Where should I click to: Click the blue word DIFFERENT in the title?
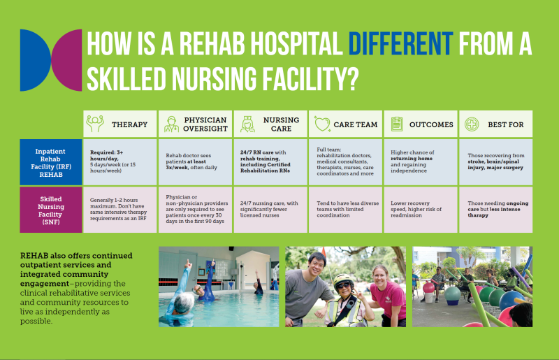coord(400,43)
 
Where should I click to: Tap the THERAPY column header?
coord(119,124)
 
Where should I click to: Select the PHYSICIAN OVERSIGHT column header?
coord(195,124)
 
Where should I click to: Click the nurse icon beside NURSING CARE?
coord(247,124)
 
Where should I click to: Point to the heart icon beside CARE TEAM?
coord(322,124)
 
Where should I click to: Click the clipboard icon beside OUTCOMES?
coord(397,124)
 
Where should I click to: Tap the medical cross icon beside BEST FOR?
coord(472,124)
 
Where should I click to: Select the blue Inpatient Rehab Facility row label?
coord(50,162)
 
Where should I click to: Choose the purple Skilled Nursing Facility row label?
coord(50,210)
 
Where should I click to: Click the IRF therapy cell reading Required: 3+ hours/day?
coord(119,162)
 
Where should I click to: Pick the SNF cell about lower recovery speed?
coord(421,210)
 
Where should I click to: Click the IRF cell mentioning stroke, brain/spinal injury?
coord(496,162)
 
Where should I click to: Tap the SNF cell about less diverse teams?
coord(345,210)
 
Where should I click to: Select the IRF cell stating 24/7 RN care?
coord(270,162)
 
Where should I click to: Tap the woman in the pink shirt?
coord(387,296)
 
